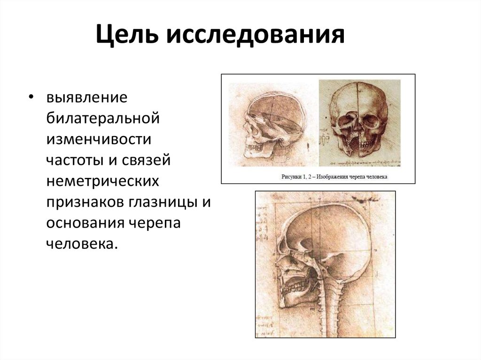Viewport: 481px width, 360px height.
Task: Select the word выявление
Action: [x=87, y=98]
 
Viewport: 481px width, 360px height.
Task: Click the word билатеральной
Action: [x=103, y=118]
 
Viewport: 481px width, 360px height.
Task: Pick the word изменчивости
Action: [x=99, y=139]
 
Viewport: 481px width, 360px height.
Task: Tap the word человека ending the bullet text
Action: [x=80, y=243]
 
